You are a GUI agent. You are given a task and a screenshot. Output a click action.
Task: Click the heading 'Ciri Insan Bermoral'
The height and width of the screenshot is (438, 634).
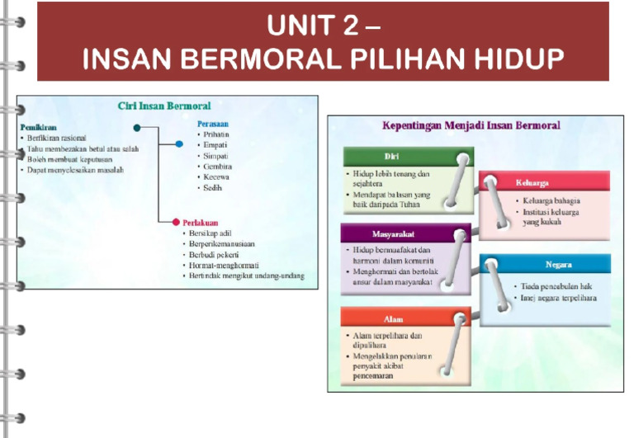pos(163,106)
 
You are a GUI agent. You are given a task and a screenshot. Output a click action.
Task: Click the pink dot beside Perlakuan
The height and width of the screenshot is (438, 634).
pos(175,222)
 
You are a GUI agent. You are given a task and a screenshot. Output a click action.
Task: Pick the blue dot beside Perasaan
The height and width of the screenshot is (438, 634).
pos(179,144)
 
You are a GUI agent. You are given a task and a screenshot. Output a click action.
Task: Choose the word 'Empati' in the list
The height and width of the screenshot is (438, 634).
pos(216,144)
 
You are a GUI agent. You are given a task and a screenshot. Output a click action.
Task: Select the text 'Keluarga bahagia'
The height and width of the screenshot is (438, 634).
pos(551,200)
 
